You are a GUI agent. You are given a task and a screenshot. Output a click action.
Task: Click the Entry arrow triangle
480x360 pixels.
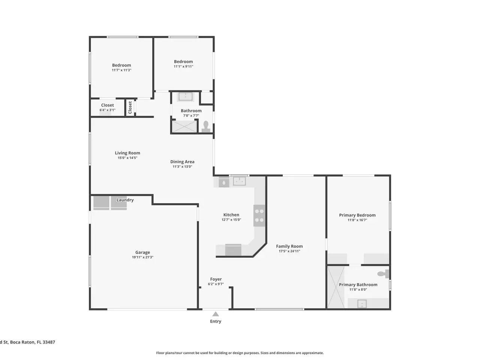coord(215,314)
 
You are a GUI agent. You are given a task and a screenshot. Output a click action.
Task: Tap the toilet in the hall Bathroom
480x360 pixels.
coord(206,127)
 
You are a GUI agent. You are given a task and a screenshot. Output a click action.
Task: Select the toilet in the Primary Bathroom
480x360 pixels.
coord(383,274)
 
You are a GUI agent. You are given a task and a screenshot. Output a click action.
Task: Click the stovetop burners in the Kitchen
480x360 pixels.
coord(259,216)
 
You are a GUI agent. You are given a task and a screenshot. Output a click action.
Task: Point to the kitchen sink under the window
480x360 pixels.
coord(239,181)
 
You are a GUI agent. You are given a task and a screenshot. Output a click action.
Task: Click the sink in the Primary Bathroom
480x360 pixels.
coord(362,304)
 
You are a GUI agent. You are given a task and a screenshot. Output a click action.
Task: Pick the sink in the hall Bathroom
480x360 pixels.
coord(186,96)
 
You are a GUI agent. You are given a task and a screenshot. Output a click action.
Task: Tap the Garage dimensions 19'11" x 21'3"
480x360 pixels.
coord(142,257)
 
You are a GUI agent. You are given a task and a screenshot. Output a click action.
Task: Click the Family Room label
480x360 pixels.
coord(289,246)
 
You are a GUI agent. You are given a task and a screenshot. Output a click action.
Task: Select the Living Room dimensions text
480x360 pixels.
coord(127,157)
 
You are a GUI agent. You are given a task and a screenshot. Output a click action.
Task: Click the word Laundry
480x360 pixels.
coord(125,200)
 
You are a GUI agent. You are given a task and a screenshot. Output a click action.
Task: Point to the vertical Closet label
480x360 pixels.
coord(130,107)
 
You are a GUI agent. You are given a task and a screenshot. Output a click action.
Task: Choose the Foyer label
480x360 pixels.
coord(216,279)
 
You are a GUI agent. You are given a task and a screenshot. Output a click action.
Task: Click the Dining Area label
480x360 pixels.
coord(182,162)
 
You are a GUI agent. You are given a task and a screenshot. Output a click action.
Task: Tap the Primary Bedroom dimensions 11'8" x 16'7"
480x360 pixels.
coord(357,220)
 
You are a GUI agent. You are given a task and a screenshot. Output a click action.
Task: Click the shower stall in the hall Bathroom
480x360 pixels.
coord(184,126)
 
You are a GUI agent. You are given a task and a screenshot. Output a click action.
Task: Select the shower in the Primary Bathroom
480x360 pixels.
coord(336,287)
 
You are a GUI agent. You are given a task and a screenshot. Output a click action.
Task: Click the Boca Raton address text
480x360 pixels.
coord(27,342)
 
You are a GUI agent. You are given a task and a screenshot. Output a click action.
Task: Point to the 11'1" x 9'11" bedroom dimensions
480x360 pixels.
coord(183,66)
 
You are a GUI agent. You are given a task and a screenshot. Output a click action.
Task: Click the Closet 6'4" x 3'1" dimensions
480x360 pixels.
coord(107,110)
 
